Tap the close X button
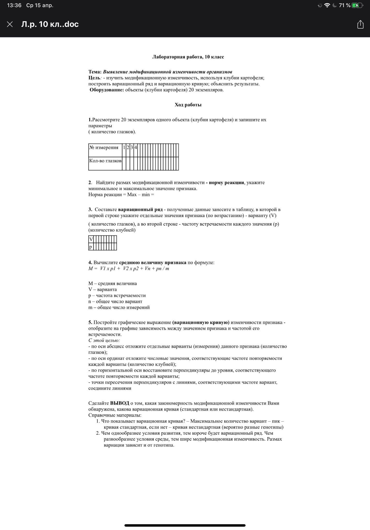[x=10, y=24]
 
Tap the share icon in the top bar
[x=360, y=25]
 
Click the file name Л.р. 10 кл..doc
[x=50, y=24]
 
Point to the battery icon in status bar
[x=357, y=5]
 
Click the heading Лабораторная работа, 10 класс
[x=188, y=57]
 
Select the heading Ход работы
[x=188, y=105]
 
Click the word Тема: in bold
[x=95, y=72]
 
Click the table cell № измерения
[x=104, y=148]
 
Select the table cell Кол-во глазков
[x=105, y=161]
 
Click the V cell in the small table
[x=91, y=239]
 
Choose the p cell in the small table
[x=90, y=247]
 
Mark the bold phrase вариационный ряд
[x=140, y=210]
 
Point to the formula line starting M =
[x=129, y=269]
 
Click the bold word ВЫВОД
[x=119, y=403]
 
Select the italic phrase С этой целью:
[x=104, y=341]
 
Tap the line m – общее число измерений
[x=119, y=308]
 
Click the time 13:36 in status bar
[x=14, y=5]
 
